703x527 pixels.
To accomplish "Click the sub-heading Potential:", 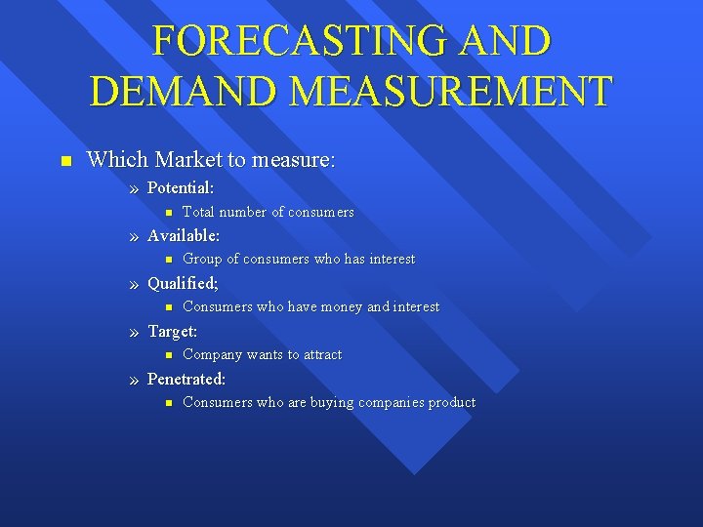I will point(181,186).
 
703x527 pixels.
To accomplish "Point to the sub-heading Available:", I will point(184,235).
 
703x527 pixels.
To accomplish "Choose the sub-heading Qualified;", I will point(183,283).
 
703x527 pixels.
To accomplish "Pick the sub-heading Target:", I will point(172,331).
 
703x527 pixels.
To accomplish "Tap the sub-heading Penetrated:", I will point(186,379).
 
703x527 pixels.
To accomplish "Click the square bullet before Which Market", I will point(64,160).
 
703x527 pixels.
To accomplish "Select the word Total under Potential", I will point(198,212).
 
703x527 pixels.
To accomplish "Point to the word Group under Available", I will point(202,260).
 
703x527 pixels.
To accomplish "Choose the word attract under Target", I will point(321,355).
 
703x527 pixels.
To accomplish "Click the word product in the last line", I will point(451,403).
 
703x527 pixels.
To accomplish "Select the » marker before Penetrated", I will point(134,380).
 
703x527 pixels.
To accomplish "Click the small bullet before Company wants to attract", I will point(168,355).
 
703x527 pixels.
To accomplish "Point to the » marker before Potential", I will point(134,187).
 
